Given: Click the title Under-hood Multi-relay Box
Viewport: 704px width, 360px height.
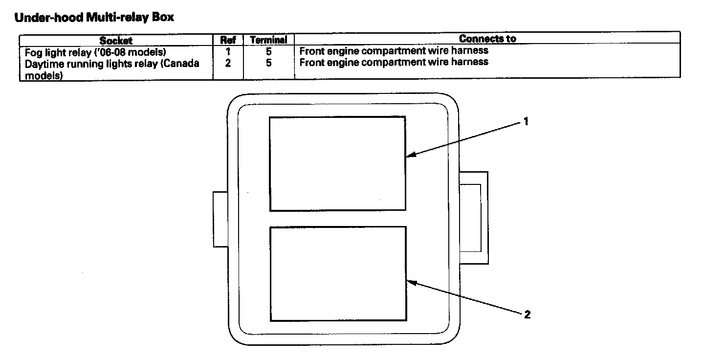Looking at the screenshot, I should pyautogui.click(x=94, y=18).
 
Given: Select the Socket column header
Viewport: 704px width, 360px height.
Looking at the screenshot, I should pyautogui.click(x=116, y=40).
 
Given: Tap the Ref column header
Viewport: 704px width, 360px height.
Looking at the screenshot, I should pyautogui.click(x=228, y=40).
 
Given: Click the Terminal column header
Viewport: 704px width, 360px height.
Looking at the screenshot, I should pyautogui.click(x=268, y=40).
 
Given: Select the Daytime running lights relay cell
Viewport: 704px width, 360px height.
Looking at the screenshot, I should pyautogui.click(x=112, y=67).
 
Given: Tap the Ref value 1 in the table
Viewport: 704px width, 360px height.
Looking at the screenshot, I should pyautogui.click(x=228, y=51).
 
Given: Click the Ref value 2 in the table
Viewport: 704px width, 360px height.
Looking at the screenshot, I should pyautogui.click(x=228, y=63).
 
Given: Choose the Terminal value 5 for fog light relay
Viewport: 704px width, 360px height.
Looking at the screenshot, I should pyautogui.click(x=269, y=51).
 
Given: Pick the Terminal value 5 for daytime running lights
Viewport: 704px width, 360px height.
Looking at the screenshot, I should pyautogui.click(x=269, y=63).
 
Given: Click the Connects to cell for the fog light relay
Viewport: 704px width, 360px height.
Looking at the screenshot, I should pyautogui.click(x=394, y=50).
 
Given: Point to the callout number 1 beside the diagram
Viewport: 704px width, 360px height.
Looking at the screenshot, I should pyautogui.click(x=526, y=122).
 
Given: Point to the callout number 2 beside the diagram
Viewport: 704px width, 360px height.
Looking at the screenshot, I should pyautogui.click(x=527, y=315).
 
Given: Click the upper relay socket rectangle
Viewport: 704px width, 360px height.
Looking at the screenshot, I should pyautogui.click(x=337, y=163).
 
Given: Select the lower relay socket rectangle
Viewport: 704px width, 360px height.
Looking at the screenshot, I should pyautogui.click(x=338, y=273).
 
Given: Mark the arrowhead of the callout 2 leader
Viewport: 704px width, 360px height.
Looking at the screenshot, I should pyautogui.click(x=410, y=281).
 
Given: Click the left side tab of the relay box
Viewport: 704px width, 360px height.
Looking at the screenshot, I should pyautogui.click(x=221, y=219).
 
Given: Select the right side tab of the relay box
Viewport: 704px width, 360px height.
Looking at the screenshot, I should pyautogui.click(x=474, y=218).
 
